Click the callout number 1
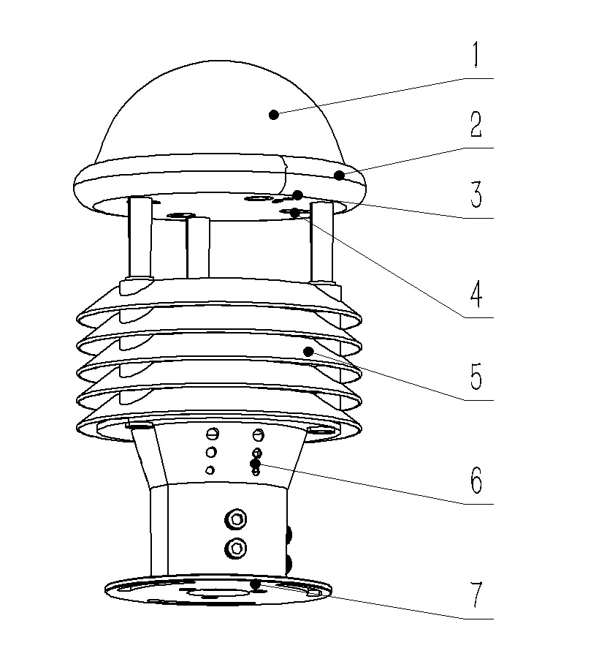(x=475, y=55)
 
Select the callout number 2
(x=476, y=125)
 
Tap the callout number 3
(x=476, y=196)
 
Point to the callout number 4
(x=476, y=292)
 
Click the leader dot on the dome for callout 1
(x=274, y=113)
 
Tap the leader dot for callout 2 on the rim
(x=339, y=175)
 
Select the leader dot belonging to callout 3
(x=297, y=195)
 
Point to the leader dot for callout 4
(x=294, y=213)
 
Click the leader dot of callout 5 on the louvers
(x=308, y=352)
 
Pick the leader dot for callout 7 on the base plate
(x=255, y=584)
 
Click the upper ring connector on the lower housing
(x=236, y=520)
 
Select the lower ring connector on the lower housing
(x=236, y=546)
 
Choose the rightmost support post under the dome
(x=322, y=245)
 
